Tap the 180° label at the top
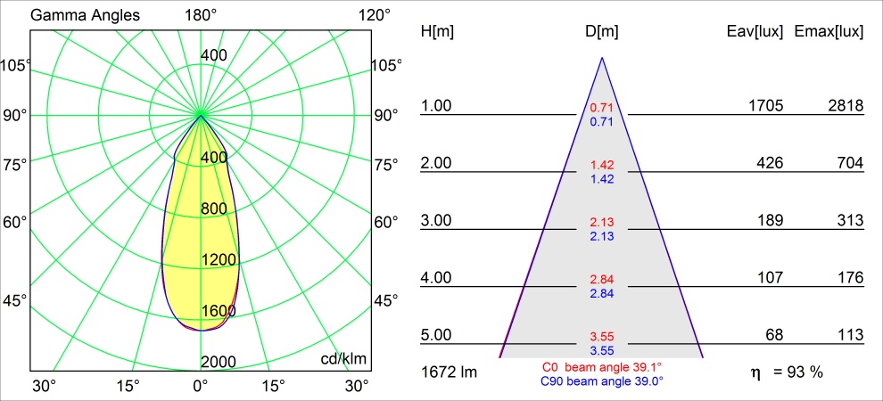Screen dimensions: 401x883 click(201, 15)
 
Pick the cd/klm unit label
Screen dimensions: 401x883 click(343, 358)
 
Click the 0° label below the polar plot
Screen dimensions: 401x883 click(201, 386)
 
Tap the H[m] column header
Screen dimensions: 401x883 click(437, 32)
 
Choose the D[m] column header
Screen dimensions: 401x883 click(602, 32)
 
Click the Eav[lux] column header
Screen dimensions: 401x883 click(755, 32)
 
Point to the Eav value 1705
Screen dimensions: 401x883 click(765, 106)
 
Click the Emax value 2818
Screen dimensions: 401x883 click(845, 106)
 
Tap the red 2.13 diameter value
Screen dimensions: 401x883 click(602, 222)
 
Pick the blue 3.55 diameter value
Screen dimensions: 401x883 click(602, 351)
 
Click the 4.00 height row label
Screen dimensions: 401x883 click(437, 278)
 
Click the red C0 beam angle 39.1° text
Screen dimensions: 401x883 click(602, 366)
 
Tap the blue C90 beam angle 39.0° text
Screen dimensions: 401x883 click(602, 381)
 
